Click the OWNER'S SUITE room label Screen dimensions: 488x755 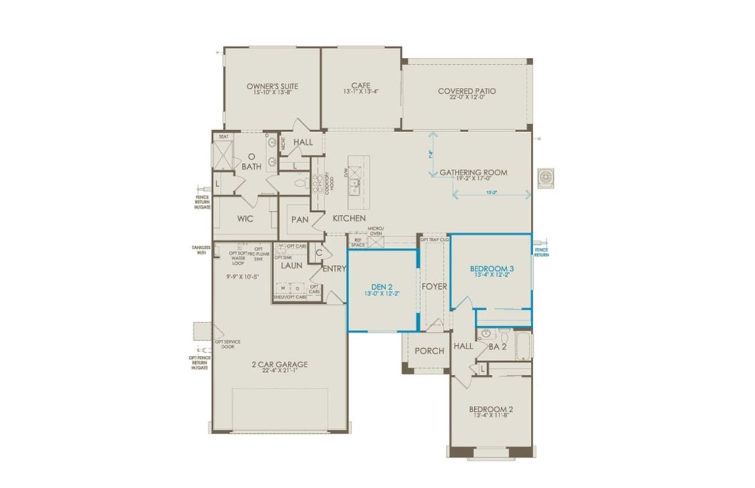pyautogui.click(x=269, y=86)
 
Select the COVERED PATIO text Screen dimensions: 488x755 pyautogui.click(x=467, y=91)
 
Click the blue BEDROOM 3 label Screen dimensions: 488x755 pyautogui.click(x=491, y=268)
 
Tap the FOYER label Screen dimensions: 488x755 pyautogui.click(x=434, y=286)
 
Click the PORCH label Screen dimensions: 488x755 pyautogui.click(x=429, y=351)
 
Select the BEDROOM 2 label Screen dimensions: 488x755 pyautogui.click(x=491, y=410)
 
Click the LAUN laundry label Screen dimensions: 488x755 pyautogui.click(x=291, y=266)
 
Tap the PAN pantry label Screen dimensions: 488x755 pyautogui.click(x=300, y=219)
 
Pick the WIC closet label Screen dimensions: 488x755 pyautogui.click(x=245, y=219)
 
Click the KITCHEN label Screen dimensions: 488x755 pyautogui.click(x=349, y=218)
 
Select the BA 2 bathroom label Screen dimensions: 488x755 pyautogui.click(x=498, y=346)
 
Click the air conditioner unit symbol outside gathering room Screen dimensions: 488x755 pyautogui.click(x=547, y=177)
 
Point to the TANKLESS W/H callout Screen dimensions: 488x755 pyautogui.click(x=201, y=250)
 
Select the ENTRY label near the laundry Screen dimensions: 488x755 pyautogui.click(x=334, y=269)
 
